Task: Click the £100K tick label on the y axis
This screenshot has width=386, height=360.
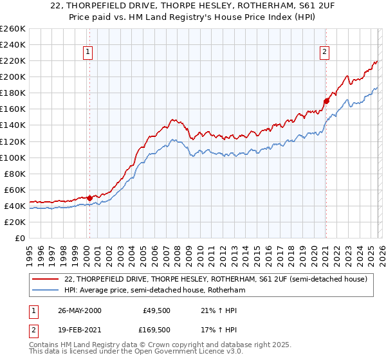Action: (12, 157)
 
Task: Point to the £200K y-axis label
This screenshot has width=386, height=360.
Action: (12, 76)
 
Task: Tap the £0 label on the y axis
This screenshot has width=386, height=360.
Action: (19, 238)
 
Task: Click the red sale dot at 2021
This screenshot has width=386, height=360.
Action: (326, 101)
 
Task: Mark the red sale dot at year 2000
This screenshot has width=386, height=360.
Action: (90, 198)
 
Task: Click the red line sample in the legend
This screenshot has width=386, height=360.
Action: (46, 279)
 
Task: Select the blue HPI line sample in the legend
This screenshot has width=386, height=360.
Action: (46, 291)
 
